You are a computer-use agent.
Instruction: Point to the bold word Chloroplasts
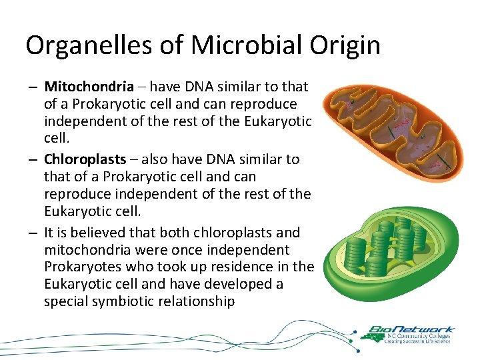pyautogui.click(x=85, y=159)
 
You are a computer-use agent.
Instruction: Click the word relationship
pyautogui.click(x=202, y=302)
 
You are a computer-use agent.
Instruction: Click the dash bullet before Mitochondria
pyautogui.click(x=32, y=87)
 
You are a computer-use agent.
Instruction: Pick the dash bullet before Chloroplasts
pyautogui.click(x=32, y=160)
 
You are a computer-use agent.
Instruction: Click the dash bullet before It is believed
pyautogui.click(x=32, y=233)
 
